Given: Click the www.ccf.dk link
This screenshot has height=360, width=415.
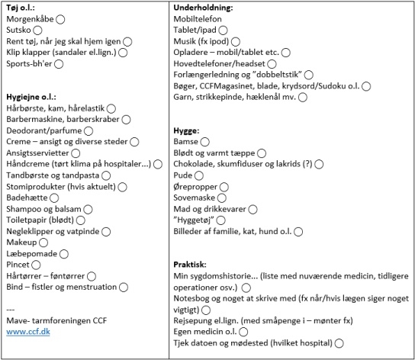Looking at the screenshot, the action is point(28,332).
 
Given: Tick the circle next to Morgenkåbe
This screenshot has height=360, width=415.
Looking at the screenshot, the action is point(60,19).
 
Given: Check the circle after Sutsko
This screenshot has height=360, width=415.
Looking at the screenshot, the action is point(37,31).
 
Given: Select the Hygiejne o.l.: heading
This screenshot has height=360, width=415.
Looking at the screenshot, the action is point(31,97).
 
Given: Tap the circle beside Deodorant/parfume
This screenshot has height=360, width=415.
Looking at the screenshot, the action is point(88,130).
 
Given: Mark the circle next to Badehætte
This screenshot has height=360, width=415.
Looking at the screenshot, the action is point(54,198).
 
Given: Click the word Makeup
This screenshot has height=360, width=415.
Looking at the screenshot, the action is point(21,243).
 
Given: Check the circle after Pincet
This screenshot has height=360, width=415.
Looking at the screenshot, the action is point(36,265).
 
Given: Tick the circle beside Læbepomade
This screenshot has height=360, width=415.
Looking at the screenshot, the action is point(64,254).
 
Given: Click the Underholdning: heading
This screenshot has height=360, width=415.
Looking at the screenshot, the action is point(203,8).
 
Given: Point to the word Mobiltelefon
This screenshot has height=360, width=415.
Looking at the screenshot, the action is point(198,19).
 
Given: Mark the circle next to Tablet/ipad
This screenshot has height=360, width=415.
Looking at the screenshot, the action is point(223,31).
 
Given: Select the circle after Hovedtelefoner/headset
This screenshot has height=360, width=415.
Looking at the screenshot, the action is point(272,64).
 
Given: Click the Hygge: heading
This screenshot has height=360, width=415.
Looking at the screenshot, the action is point(186,130).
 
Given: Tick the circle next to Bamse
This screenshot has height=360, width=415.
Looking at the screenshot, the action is point(205,142).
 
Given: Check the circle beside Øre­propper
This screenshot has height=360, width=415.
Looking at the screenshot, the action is point(224,187).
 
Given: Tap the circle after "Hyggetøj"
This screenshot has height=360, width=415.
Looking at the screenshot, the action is point(221,220).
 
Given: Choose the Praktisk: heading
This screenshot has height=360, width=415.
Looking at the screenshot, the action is point(190,265).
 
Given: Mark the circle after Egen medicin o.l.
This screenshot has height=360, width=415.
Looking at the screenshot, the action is point(243,332).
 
